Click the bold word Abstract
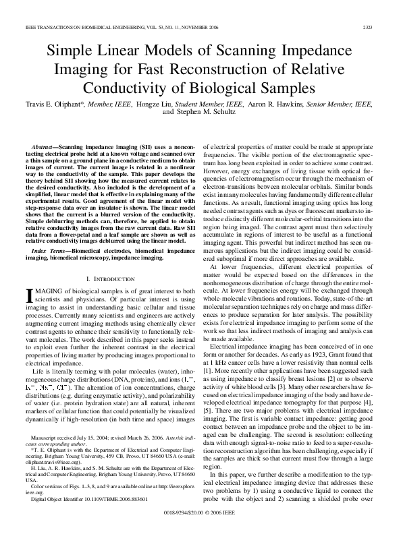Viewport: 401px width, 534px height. click(x=47, y=146)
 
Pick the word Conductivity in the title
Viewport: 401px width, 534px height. click(x=140, y=88)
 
